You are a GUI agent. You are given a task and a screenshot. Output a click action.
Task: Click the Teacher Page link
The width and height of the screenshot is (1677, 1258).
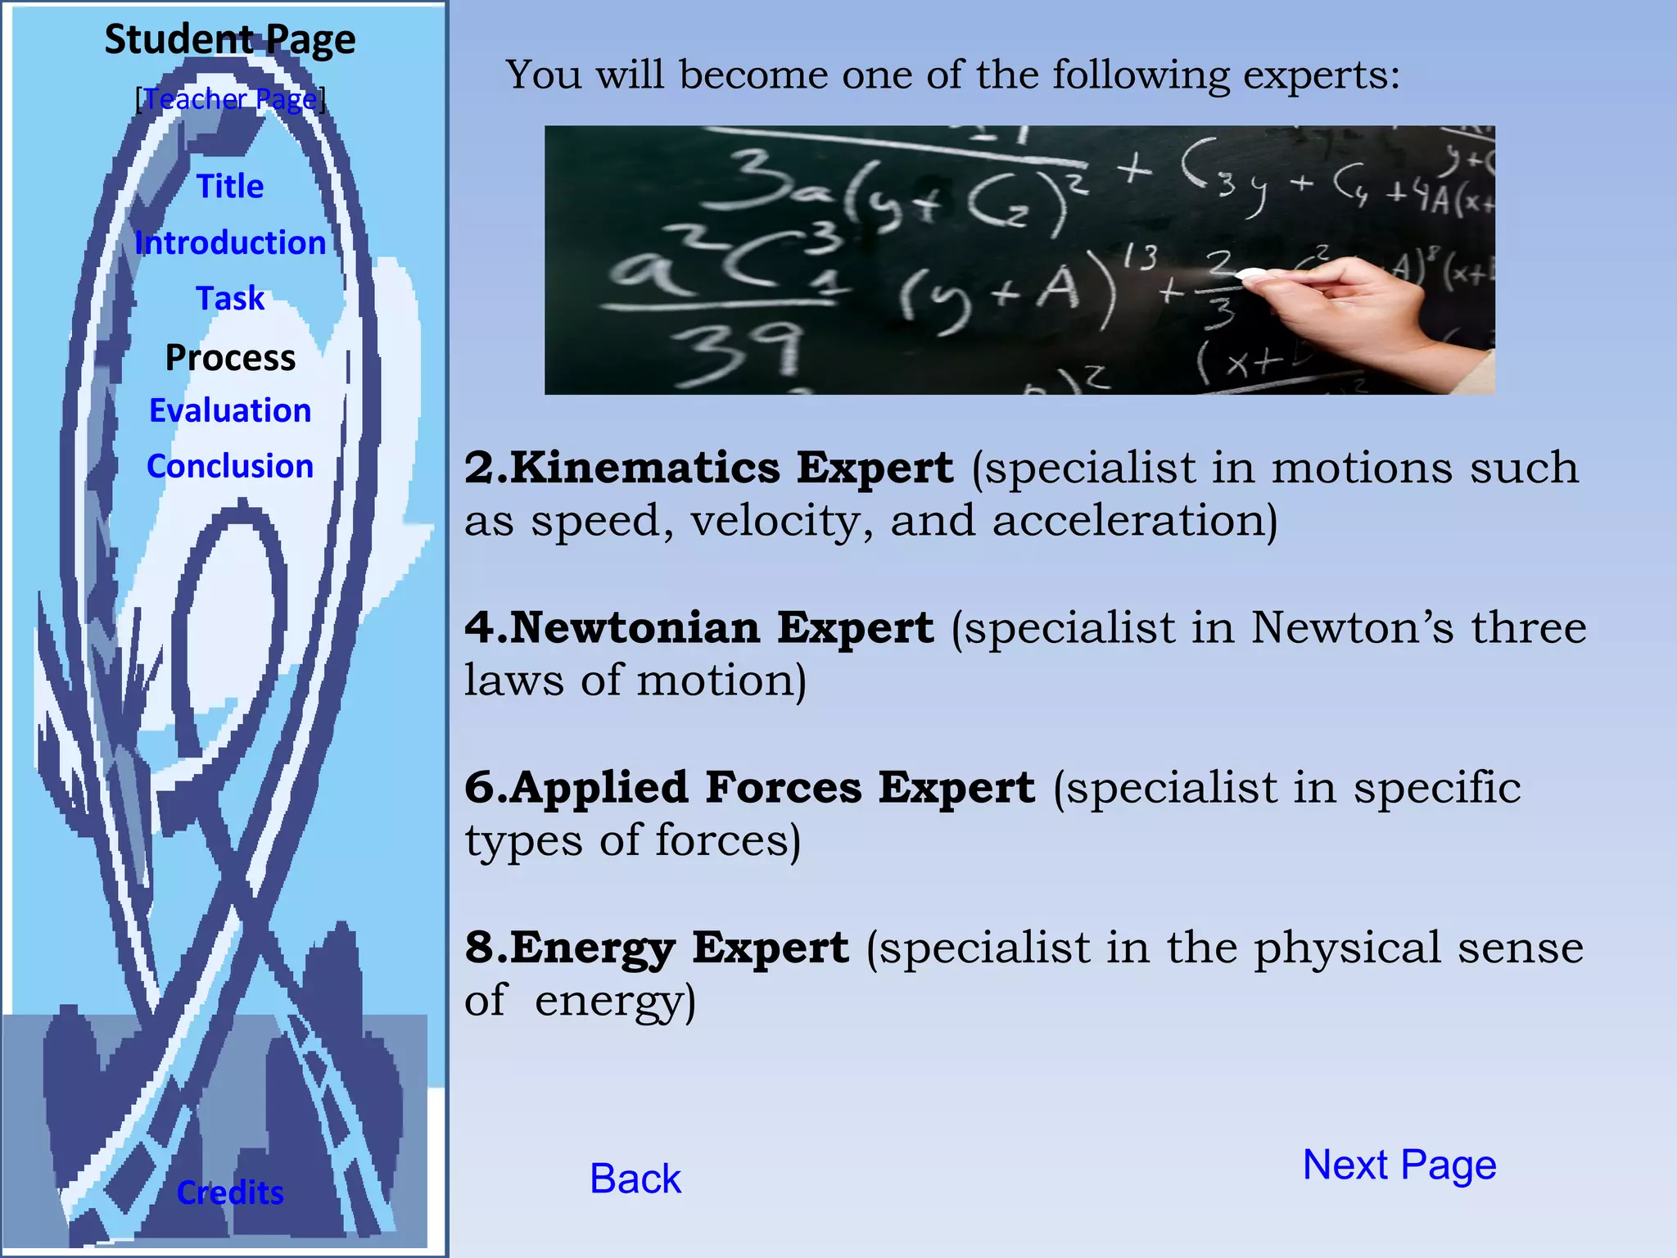230,99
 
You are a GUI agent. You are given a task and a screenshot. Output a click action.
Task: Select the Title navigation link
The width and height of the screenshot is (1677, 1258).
230,187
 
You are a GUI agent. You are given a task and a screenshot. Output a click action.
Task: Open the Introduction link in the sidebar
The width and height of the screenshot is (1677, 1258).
230,242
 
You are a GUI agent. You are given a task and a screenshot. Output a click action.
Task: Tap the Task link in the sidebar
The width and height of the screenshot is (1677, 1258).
230,298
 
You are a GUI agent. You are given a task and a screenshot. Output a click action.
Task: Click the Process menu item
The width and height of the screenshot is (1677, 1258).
230,357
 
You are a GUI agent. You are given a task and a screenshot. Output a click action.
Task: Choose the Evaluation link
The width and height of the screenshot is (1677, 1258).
230,410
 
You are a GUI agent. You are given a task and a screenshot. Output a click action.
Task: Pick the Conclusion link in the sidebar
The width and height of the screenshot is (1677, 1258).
230,466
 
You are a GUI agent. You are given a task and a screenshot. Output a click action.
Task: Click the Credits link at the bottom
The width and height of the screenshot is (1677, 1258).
230,1192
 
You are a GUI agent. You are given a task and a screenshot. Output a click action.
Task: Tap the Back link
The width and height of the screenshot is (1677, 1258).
635,1179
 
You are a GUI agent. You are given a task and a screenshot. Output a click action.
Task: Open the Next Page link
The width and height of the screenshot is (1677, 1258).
1399,1165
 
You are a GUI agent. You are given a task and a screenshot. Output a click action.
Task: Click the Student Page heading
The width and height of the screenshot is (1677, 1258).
230,39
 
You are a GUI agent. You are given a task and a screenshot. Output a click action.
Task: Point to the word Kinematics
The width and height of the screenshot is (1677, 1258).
644,468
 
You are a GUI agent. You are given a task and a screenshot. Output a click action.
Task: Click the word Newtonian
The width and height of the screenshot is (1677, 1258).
634,627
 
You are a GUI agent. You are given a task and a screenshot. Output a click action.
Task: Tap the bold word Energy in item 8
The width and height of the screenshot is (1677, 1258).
593,948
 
